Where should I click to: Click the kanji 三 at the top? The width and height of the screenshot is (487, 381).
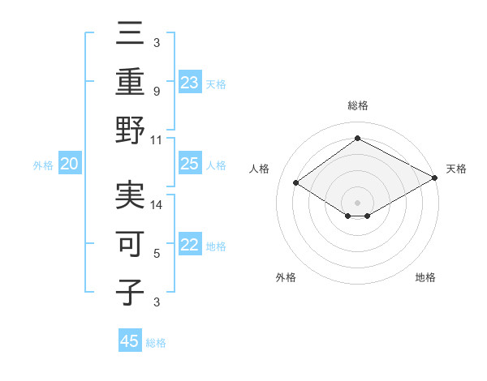point(131,35)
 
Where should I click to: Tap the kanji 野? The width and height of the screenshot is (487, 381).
point(131,130)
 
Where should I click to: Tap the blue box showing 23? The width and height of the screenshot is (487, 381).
point(190,82)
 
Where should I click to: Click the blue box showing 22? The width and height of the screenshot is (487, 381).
point(190,246)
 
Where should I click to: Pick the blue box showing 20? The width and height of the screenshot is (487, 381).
point(70,165)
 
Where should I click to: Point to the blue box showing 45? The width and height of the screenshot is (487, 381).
point(130,341)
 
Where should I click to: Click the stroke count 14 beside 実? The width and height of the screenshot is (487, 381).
point(157,205)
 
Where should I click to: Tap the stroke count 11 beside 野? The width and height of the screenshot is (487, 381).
point(157,139)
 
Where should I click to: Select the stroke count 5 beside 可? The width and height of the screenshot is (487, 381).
point(157,253)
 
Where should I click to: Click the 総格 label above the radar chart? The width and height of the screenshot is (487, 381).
point(357,106)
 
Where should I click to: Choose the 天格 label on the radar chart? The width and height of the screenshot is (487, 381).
point(456,169)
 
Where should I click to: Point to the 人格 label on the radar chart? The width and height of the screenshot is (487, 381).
point(260,169)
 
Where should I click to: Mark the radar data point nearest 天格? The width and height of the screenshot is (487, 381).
point(435,179)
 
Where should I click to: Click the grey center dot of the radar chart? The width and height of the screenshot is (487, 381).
point(357,202)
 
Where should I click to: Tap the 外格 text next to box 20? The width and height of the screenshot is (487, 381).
point(43,165)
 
